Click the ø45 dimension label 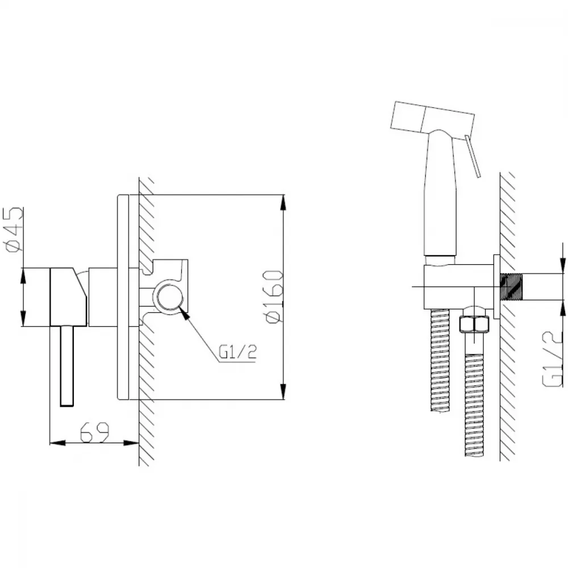14,229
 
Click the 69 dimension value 94,432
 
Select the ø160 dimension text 274,296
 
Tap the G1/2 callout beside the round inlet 237,352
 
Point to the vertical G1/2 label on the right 553,359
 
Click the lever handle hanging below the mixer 68,366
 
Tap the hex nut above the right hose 474,324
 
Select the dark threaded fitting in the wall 511,286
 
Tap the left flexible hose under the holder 440,360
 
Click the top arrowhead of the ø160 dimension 283,202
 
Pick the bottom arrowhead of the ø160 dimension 283,392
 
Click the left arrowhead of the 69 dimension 57,442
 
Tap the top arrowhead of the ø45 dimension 23,275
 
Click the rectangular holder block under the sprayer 458,287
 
